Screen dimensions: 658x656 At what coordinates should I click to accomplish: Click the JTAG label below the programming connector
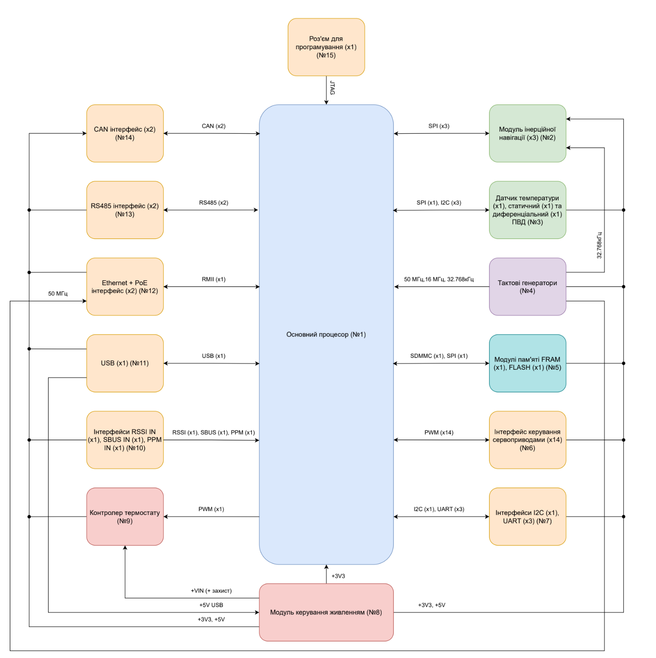tap(332, 88)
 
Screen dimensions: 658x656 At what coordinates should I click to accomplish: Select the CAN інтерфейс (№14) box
tap(125, 133)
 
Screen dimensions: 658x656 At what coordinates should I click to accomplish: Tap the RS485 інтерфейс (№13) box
tap(125, 210)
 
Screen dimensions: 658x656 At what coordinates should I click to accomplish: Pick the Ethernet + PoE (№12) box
tap(125, 287)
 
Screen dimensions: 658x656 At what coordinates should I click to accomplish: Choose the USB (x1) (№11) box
tap(125, 363)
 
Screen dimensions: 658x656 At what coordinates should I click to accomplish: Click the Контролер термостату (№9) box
tap(125, 517)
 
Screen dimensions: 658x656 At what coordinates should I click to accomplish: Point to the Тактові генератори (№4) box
tap(527, 287)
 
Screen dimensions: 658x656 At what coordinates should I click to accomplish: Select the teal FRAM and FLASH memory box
tap(527, 363)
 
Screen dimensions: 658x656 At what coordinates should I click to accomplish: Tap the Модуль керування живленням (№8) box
tap(326, 612)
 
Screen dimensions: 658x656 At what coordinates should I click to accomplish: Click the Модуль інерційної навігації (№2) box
tap(527, 133)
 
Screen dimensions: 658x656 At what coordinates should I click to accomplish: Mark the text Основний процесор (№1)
tap(326, 335)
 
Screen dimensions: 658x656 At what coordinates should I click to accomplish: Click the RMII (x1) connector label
tap(214, 279)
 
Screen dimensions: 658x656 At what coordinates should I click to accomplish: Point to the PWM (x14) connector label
tap(439, 433)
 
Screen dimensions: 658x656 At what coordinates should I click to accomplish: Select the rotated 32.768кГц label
tap(599, 245)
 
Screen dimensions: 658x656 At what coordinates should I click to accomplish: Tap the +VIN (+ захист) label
tap(211, 591)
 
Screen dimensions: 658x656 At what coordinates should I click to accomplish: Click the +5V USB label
tap(211, 605)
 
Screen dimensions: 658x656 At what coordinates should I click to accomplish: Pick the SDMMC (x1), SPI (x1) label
tap(439, 356)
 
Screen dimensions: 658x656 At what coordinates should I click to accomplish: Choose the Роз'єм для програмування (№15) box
tap(326, 47)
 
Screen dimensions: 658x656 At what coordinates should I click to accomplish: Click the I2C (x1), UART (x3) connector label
tap(439, 509)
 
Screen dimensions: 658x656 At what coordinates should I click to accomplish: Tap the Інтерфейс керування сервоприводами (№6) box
tap(527, 440)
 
